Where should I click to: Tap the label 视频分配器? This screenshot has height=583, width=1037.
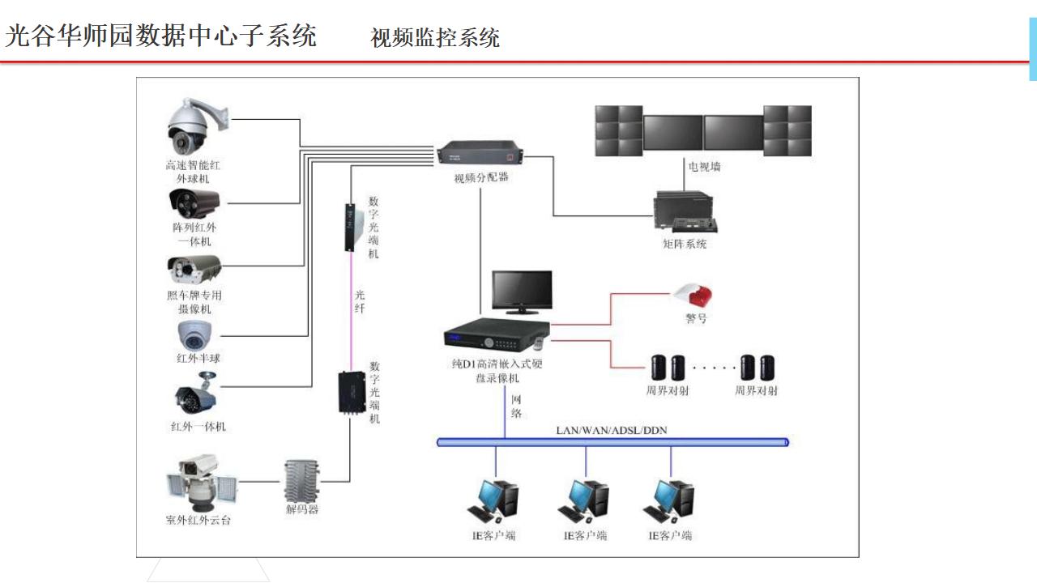481,177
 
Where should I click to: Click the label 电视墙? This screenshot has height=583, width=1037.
704,167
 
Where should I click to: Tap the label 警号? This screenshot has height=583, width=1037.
696,318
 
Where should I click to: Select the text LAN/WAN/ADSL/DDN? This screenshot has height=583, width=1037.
612,430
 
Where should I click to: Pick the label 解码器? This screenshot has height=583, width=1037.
302,510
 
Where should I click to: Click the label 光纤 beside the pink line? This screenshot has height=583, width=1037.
361,301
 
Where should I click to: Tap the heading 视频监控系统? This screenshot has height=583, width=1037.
435,37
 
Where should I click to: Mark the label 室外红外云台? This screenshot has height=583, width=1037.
198,520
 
